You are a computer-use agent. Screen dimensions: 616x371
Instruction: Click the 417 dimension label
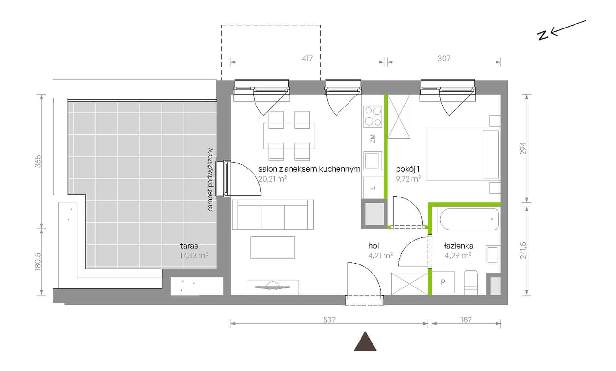coord(307,58)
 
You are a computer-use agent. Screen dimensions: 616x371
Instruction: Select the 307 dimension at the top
coord(444,58)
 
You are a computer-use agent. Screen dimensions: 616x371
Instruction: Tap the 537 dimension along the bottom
coord(329,320)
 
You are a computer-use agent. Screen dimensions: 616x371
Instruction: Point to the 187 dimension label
coord(466,320)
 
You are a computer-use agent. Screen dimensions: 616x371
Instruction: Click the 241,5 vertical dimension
coord(523,251)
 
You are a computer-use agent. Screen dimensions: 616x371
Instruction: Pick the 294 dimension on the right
coord(523,148)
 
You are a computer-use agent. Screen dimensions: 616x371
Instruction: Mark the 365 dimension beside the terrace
coord(38,161)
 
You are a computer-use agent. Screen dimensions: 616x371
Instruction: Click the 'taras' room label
coord(189,246)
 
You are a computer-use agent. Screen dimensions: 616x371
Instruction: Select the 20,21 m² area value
coord(272,179)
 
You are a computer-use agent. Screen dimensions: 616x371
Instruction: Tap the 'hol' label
coord(373,246)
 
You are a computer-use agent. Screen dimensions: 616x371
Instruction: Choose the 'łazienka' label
coord(458,246)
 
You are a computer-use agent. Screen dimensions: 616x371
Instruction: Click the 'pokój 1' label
coord(408,169)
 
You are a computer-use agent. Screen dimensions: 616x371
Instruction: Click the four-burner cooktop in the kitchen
coord(373,116)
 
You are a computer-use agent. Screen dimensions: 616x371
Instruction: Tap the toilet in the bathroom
coord(470,283)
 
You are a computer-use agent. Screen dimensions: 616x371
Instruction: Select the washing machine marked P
coord(443,282)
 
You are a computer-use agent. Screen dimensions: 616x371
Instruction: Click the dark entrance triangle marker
coord(365,341)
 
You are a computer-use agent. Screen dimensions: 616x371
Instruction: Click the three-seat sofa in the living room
coord(273,215)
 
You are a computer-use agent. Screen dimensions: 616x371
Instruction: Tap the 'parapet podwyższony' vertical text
coord(210,180)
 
